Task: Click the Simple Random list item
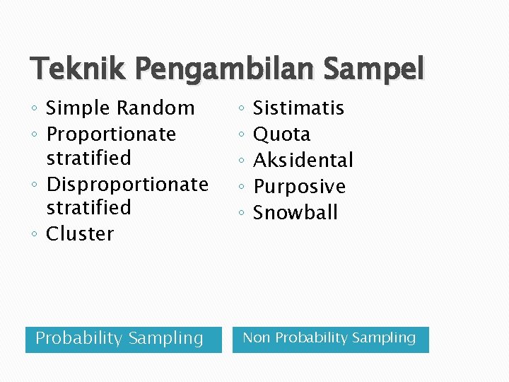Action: [x=120, y=108]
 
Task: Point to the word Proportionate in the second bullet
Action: [x=111, y=134]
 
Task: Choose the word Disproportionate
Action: [x=127, y=185]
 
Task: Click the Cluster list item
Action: [x=80, y=234]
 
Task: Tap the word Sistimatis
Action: [x=298, y=108]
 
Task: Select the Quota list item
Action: [x=281, y=134]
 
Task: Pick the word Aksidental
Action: [x=303, y=161]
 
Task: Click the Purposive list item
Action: [x=299, y=187]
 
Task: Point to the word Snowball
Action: [x=296, y=213]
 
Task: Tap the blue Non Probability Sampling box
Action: [x=330, y=339]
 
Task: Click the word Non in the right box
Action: [x=257, y=338]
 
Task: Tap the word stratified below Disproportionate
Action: [x=88, y=208]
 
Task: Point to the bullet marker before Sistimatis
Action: [x=241, y=109]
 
